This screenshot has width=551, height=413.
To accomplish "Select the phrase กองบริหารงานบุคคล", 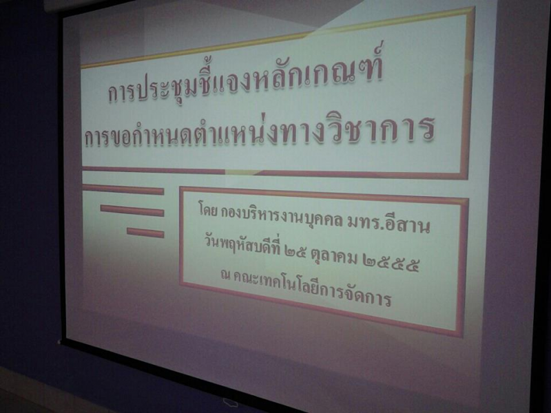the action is (282, 217).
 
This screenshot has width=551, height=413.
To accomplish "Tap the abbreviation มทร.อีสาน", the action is (388, 224).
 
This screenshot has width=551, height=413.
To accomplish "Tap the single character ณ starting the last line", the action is (225, 274).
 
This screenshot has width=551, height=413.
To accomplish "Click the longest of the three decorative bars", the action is (123, 189).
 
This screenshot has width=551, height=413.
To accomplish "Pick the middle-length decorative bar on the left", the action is (132, 211).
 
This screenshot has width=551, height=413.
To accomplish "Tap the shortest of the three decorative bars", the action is (145, 233).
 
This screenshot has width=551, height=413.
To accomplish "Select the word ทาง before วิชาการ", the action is (294, 132).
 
